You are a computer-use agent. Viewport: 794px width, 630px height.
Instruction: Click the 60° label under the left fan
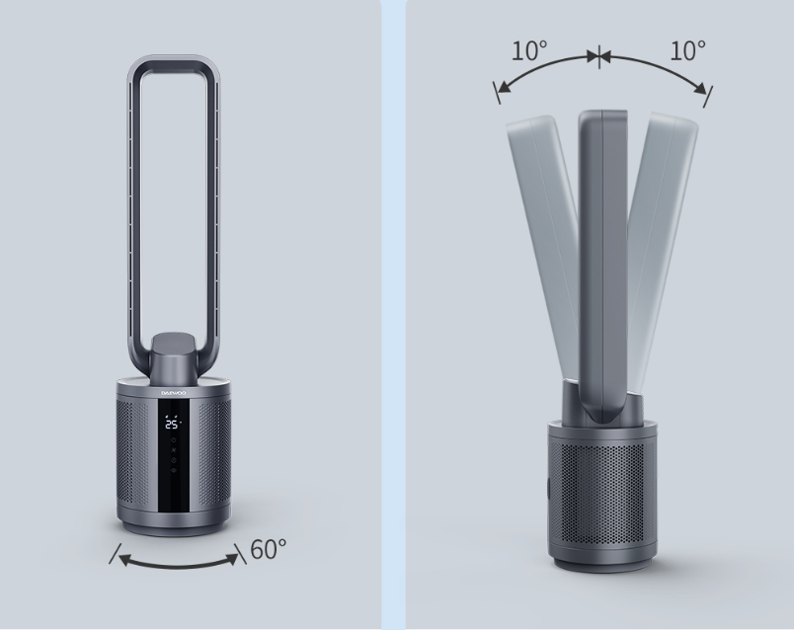(269, 549)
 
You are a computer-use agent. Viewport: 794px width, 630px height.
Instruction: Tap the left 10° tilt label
(529, 51)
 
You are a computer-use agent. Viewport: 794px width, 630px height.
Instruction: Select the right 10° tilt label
(687, 50)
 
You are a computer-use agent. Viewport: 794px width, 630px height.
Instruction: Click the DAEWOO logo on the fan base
(174, 393)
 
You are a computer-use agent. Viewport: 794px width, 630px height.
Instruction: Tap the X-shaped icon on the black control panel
(174, 450)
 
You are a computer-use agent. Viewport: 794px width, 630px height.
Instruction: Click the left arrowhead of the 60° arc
(125, 560)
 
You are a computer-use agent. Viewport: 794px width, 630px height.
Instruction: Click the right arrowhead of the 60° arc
(232, 559)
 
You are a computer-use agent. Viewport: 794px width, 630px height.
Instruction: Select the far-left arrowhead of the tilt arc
(504, 88)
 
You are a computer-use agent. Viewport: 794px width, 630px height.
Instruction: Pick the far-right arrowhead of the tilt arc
(699, 88)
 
